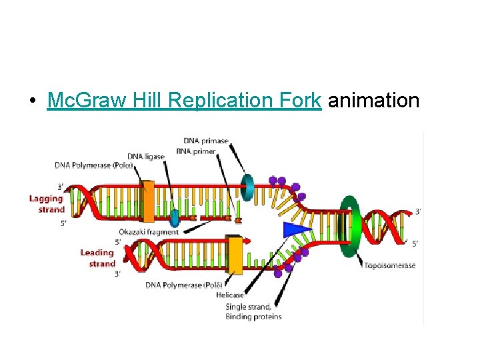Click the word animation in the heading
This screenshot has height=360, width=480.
coord(374,101)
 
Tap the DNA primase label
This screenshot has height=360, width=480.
coord(205,141)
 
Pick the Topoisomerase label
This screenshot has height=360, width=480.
coord(390,265)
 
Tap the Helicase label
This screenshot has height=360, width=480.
coord(230,295)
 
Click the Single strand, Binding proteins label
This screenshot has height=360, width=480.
coord(253,311)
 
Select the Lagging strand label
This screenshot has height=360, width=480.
coord(47,203)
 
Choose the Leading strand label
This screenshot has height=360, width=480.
coord(98,258)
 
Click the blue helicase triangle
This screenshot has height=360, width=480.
coord(296,229)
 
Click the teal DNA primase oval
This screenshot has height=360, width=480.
coord(247,188)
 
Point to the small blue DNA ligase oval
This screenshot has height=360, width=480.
coord(175,218)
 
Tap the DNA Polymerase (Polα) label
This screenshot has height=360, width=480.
coord(94,165)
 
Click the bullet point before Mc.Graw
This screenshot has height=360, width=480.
coord(32,101)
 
